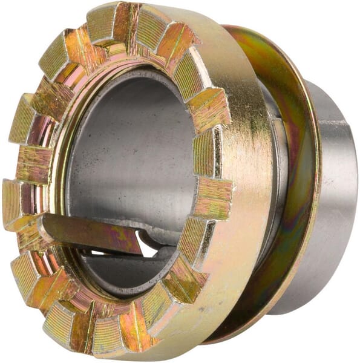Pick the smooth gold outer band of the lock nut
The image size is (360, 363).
click(242, 181)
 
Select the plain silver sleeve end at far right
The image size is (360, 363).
click(336, 200)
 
